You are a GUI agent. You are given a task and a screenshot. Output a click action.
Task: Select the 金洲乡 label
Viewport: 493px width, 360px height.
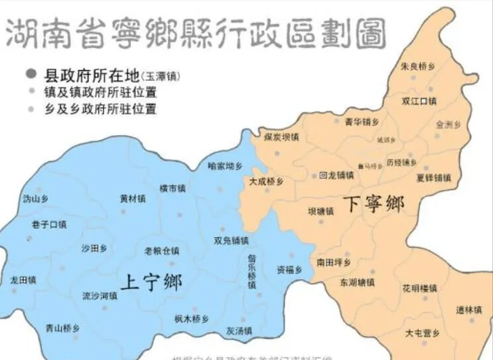point(448,123)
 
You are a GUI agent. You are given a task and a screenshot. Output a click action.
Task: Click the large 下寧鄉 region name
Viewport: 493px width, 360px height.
point(373,204)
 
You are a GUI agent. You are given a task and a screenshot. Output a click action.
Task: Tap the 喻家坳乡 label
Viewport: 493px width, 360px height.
point(226,165)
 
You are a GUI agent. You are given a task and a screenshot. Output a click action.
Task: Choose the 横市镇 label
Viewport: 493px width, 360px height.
point(173,188)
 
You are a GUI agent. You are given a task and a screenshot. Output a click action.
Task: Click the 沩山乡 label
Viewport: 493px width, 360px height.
point(35,198)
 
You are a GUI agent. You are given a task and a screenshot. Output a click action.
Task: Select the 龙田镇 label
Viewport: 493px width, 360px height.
point(24,278)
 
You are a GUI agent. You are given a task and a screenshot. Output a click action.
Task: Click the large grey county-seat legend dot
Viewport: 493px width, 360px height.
point(31,75)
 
